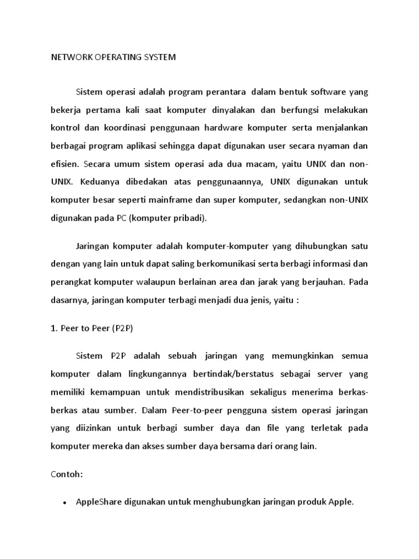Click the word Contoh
coord(66,474)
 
